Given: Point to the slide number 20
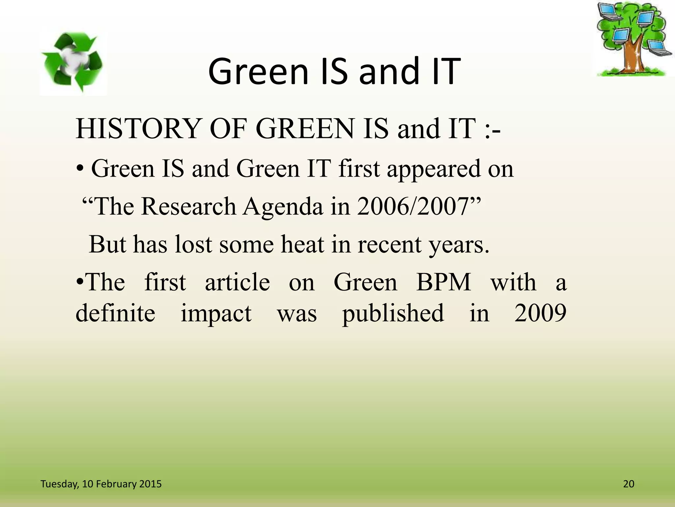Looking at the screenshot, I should (x=629, y=484).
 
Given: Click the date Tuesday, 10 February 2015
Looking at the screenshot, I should (x=101, y=484).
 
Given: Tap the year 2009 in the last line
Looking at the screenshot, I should (x=540, y=313).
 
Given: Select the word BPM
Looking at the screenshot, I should (x=444, y=282).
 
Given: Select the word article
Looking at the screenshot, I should (x=237, y=282).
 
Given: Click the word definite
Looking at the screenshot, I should (x=115, y=313).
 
